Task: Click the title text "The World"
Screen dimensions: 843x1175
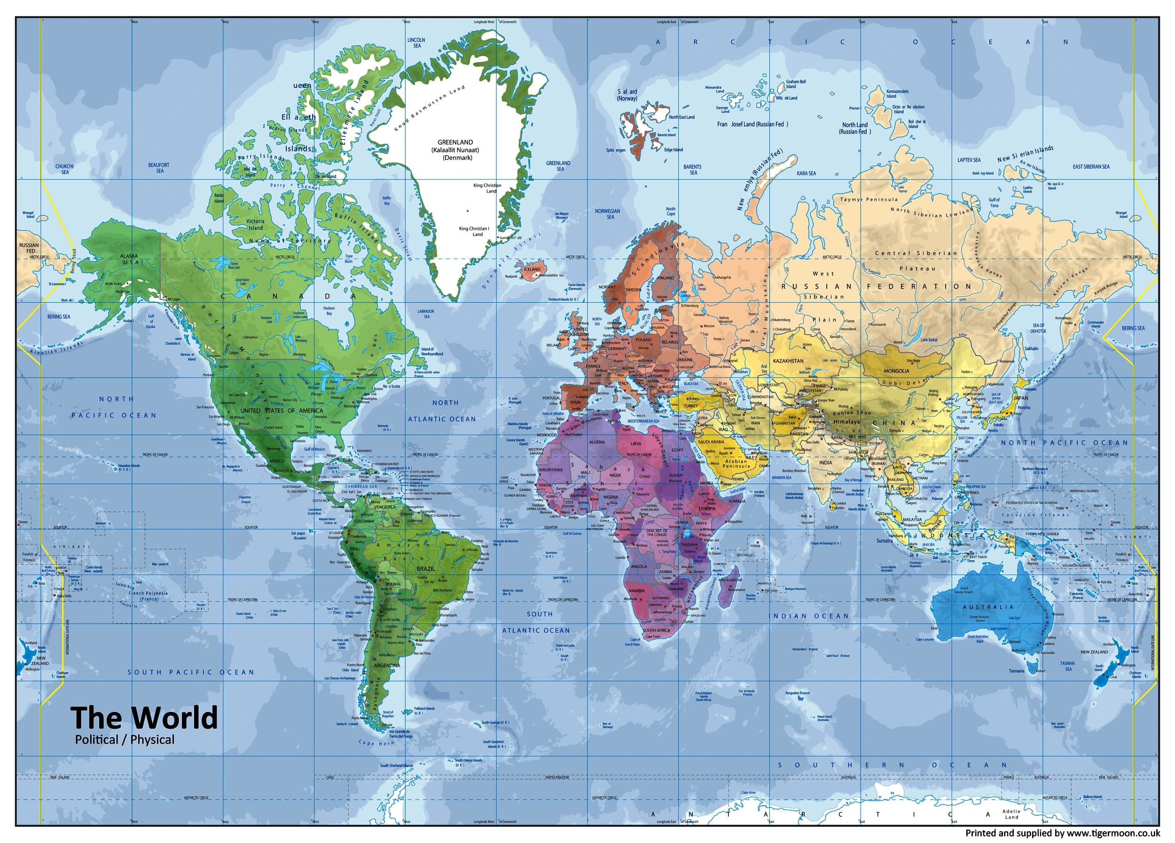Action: click(x=144, y=717)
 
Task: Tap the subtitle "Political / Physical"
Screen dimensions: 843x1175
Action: click(x=125, y=740)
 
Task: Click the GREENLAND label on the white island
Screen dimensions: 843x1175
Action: click(x=455, y=142)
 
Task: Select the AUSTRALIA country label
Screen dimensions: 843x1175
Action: click(x=987, y=607)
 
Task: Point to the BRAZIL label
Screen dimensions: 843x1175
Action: click(x=426, y=568)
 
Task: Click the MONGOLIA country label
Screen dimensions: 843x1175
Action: click(x=896, y=371)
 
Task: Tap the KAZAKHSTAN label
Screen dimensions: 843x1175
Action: click(x=788, y=361)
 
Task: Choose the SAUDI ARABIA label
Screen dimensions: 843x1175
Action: click(x=711, y=442)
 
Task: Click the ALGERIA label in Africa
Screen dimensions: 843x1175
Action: click(x=597, y=442)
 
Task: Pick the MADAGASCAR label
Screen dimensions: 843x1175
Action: click(x=731, y=580)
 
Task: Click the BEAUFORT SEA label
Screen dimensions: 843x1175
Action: click(x=159, y=168)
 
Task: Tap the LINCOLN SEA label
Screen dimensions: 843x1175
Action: click(x=416, y=42)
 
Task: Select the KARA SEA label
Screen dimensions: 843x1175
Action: click(x=806, y=173)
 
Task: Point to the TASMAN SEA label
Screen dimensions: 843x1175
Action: click(x=1067, y=666)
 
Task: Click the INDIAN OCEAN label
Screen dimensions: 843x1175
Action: click(x=808, y=616)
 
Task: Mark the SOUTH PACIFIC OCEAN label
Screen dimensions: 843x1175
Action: click(x=191, y=672)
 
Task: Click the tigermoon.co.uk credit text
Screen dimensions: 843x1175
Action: click(x=1063, y=833)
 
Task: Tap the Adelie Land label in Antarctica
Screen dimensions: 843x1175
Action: click(x=1011, y=814)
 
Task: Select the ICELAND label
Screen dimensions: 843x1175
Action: click(x=532, y=269)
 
